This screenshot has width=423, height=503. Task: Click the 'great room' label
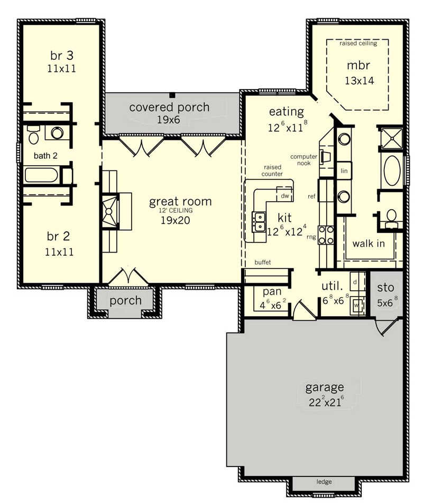pos(180,202)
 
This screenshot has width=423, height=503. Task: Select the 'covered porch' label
pos(169,107)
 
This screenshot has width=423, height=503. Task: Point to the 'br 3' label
pos(62,56)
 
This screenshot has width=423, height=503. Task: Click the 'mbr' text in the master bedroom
pos(358,66)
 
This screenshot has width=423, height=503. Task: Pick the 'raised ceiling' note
pos(358,43)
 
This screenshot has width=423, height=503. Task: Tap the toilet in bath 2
pos(33,134)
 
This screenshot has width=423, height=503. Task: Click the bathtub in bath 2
pos(41,175)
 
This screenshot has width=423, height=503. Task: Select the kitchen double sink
pos(259,221)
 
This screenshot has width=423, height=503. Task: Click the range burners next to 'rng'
pos(326,235)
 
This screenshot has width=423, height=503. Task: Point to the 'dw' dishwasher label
pos(285,196)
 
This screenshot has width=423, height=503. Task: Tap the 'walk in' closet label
pos(369,244)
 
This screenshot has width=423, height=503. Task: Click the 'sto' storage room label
pos(385,288)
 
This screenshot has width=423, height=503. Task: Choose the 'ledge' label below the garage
pos(324,481)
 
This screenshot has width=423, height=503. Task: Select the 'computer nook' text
pos(304,160)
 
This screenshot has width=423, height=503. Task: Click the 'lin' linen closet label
pos(344,170)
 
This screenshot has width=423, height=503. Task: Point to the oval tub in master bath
pos(392,170)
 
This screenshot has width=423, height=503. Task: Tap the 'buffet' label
pos(263,263)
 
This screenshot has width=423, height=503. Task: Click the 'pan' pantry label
pos(272,292)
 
